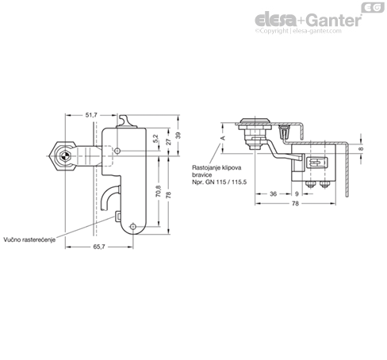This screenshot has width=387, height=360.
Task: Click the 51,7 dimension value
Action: (x=91, y=115)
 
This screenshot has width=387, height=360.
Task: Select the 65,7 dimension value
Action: (x=99, y=247)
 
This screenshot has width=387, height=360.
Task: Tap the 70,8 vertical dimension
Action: (x=159, y=191)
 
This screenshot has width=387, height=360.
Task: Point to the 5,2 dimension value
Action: (x=155, y=139)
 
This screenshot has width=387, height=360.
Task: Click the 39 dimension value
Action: (x=178, y=136)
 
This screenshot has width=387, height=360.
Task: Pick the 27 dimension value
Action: (x=169, y=142)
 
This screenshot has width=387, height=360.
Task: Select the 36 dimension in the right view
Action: (x=273, y=193)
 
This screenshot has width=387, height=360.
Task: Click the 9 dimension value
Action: (x=297, y=193)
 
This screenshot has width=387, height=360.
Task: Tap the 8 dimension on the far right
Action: (x=361, y=149)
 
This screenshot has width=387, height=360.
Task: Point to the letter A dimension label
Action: (x=223, y=138)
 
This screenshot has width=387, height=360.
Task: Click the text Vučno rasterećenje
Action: (x=29, y=239)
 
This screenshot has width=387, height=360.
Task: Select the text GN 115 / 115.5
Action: (x=226, y=182)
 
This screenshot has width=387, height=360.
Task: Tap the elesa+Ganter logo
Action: (x=308, y=20)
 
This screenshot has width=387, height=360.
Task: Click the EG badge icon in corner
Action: (x=373, y=7)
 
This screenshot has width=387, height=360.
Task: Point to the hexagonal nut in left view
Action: (x=63, y=156)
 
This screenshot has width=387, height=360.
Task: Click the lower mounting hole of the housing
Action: (x=132, y=227)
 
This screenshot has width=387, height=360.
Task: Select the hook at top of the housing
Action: (x=126, y=121)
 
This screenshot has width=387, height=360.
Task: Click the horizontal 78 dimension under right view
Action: (x=295, y=204)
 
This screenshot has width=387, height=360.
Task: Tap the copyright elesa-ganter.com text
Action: (x=298, y=31)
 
